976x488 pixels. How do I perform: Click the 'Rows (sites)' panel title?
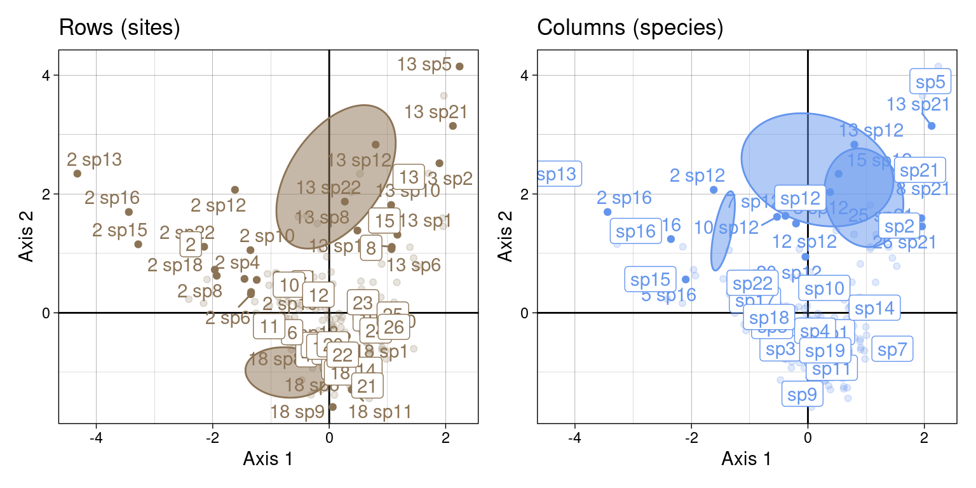(119, 29)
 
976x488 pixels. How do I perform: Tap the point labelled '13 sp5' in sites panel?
(459, 66)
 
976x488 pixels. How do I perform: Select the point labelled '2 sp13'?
(78, 173)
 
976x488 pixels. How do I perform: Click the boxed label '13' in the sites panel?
(410, 177)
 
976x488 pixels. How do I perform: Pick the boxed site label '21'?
(366, 386)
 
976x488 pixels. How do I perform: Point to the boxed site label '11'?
(269, 327)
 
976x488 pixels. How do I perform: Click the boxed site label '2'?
(191, 243)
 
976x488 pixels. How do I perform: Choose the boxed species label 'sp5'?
(930, 82)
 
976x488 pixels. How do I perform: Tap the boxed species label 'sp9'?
(802, 395)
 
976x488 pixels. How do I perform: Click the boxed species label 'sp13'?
(558, 174)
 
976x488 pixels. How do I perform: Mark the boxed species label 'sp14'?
(874, 309)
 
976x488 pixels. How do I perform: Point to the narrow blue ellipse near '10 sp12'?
(722, 230)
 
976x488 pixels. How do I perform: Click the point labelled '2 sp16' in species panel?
(607, 212)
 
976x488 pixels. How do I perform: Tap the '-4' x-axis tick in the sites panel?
(97, 438)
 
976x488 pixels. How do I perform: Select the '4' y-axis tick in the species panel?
(525, 75)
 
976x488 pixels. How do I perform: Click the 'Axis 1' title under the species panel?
(747, 459)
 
